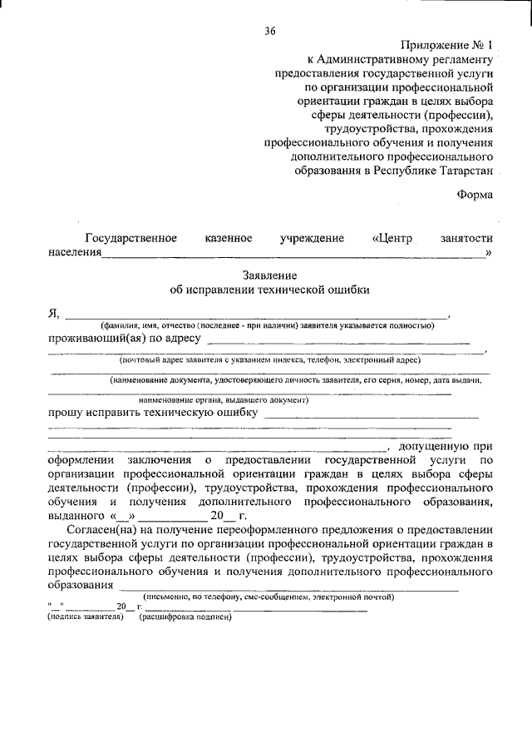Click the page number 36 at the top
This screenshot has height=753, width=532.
tap(269, 31)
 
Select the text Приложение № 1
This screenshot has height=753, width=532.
tap(446, 45)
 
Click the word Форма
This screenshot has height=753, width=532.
tap(475, 195)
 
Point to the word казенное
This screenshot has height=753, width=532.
tap(229, 238)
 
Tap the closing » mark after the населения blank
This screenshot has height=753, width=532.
tap(489, 252)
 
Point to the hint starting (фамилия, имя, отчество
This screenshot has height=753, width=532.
tap(267, 325)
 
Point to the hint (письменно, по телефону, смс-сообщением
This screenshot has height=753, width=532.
tap(268, 597)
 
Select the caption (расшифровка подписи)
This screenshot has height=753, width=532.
tap(186, 617)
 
